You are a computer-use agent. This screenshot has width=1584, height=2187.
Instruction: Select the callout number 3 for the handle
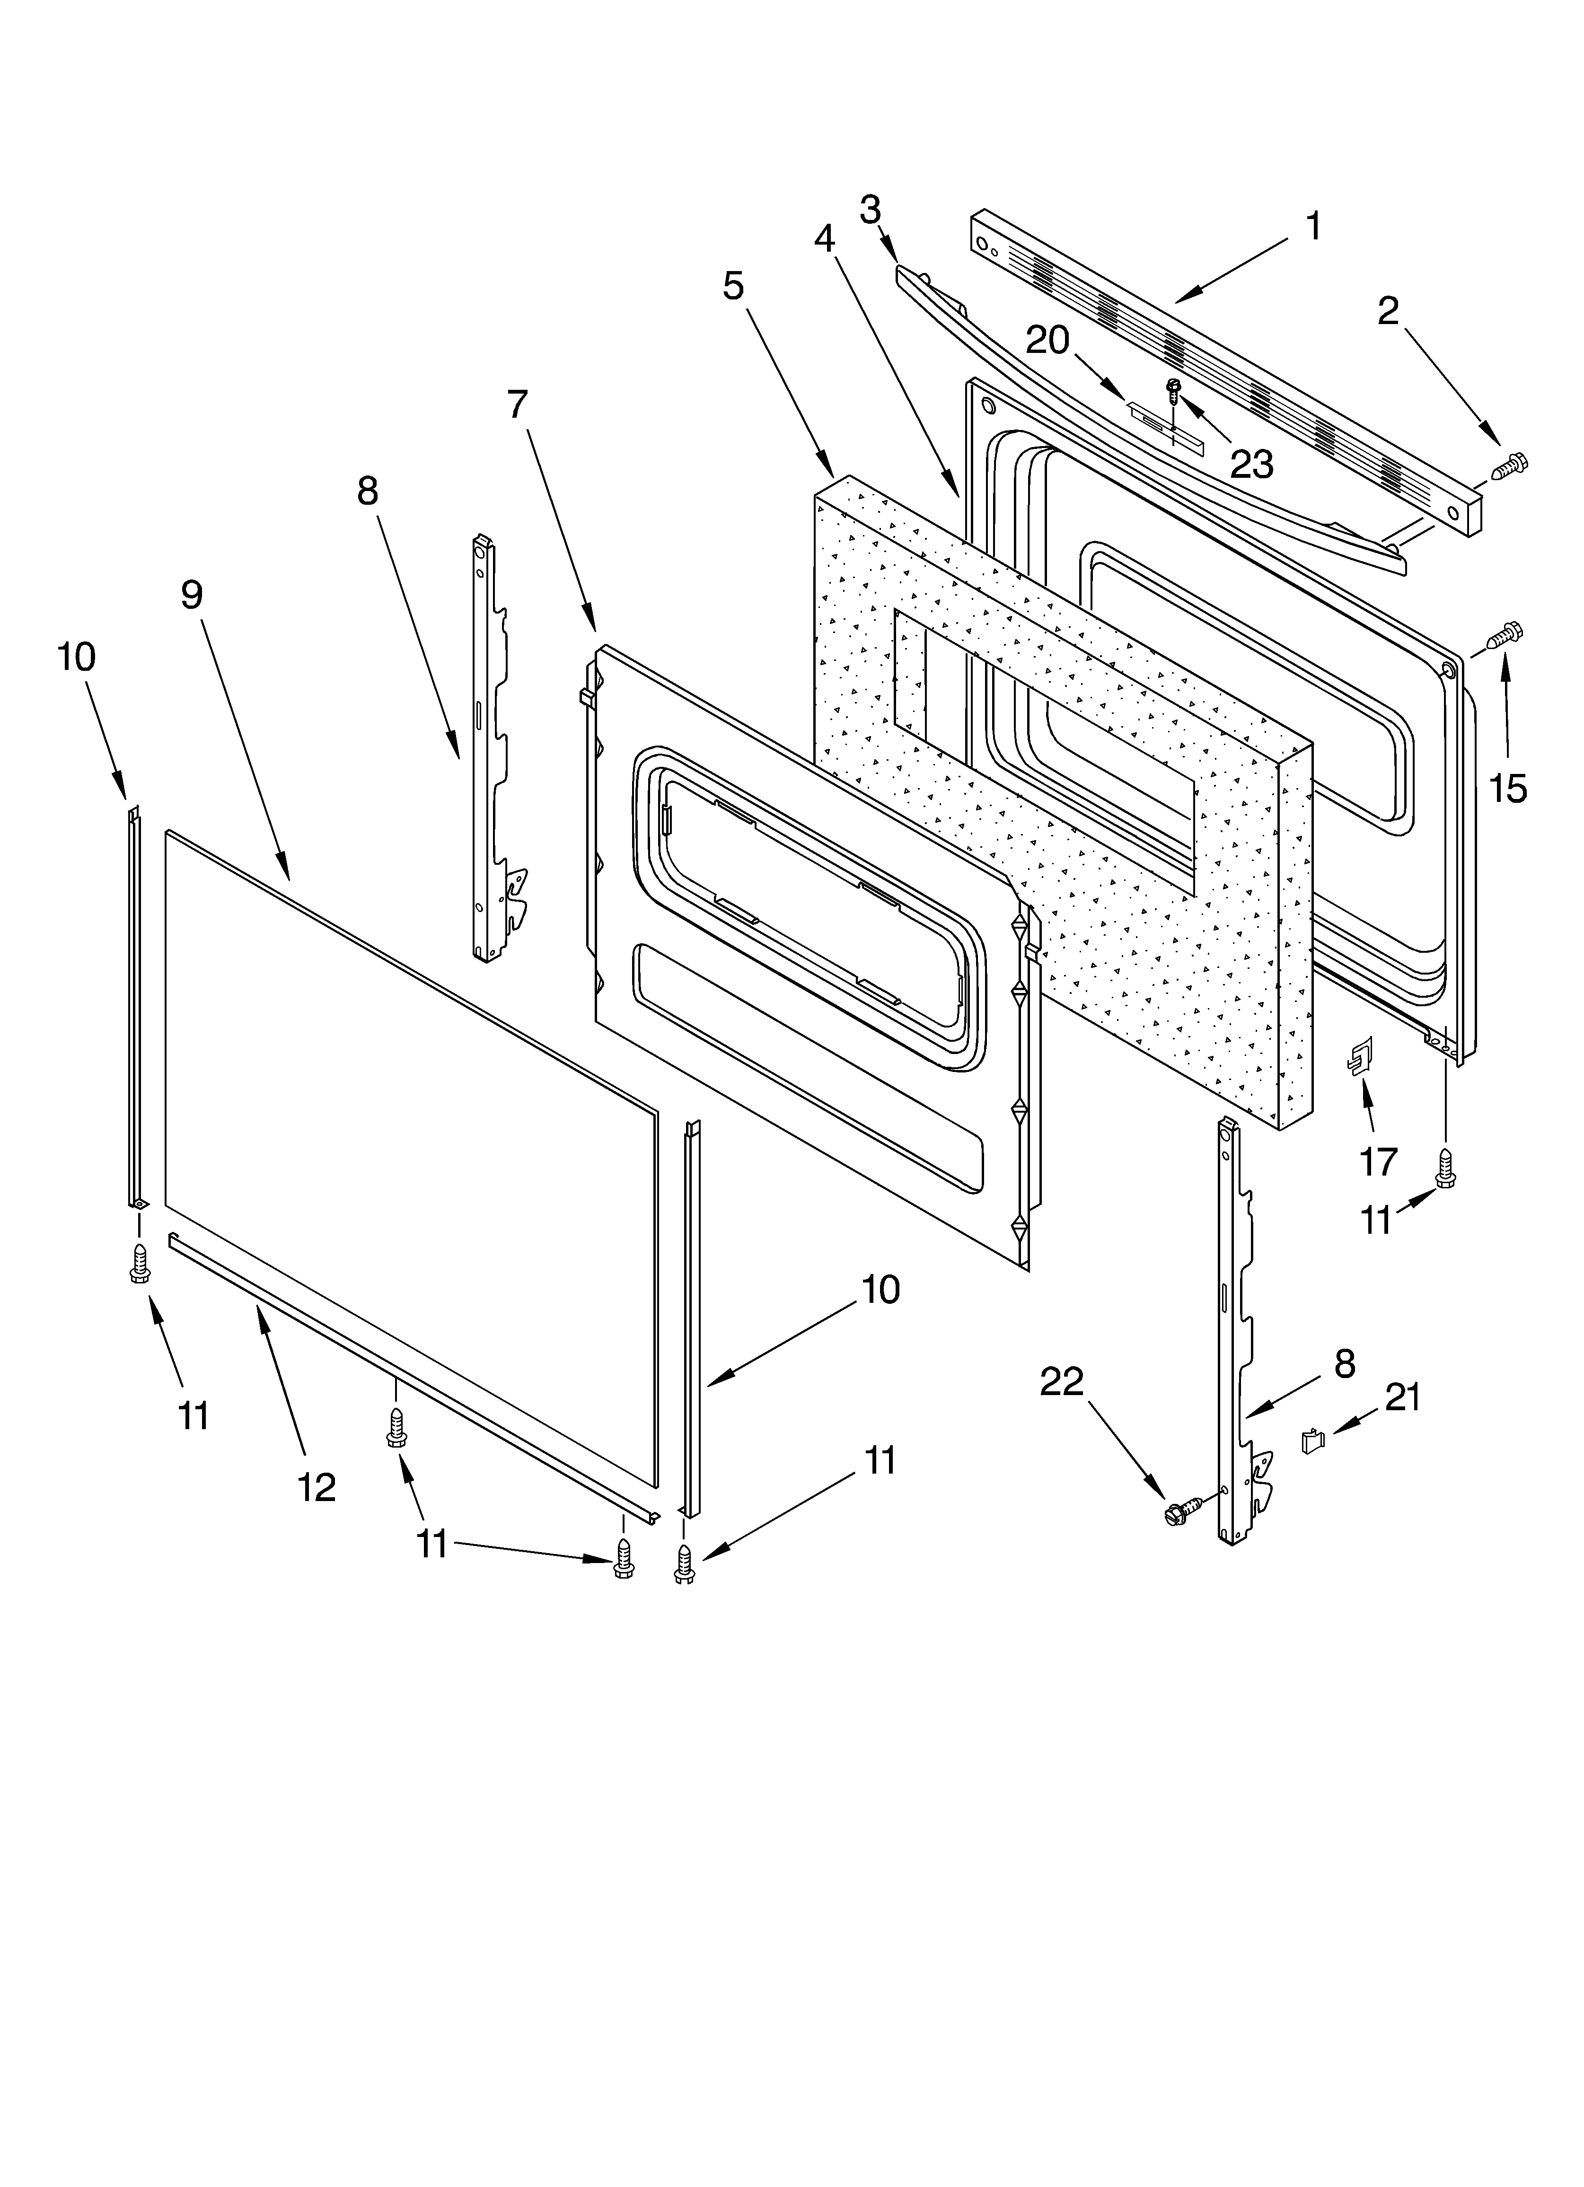coord(870,209)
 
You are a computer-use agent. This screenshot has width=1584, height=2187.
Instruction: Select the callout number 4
coord(825,237)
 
